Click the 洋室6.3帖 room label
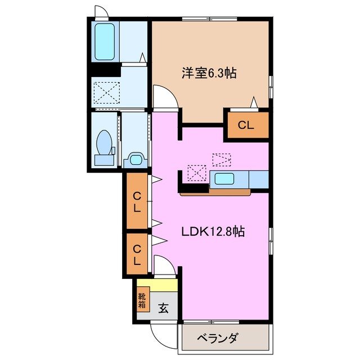(208, 73)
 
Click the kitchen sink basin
(224, 180)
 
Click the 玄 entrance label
(163, 308)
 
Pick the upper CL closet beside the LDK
(137, 201)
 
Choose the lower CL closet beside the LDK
(137, 254)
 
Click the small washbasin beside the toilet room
(135, 159)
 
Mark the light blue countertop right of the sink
(258, 179)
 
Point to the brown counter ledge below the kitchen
(215, 192)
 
